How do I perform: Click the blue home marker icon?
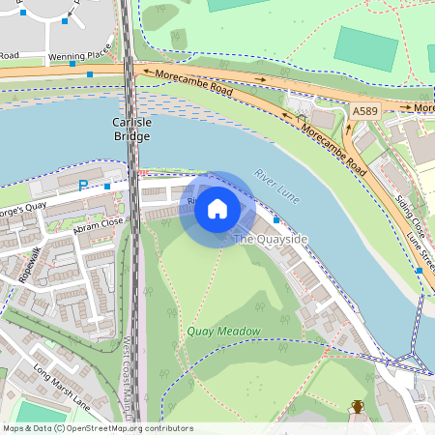(217, 209)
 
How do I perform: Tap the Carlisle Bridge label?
(130, 130)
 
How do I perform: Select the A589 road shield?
(364, 112)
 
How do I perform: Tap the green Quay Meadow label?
(223, 332)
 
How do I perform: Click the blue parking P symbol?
(82, 185)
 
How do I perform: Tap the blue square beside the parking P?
(107, 185)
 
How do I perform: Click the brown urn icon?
(358, 406)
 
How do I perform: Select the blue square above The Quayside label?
(276, 221)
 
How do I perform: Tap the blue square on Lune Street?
(419, 272)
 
